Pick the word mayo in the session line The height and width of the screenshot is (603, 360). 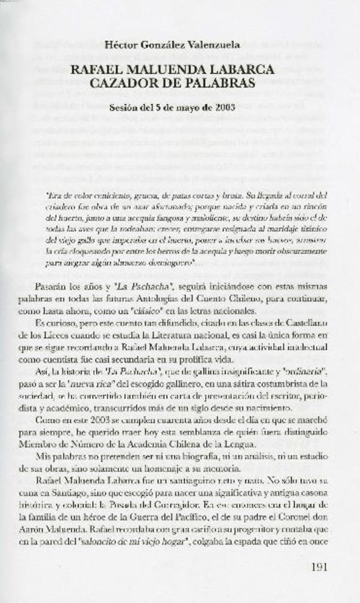178,108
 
